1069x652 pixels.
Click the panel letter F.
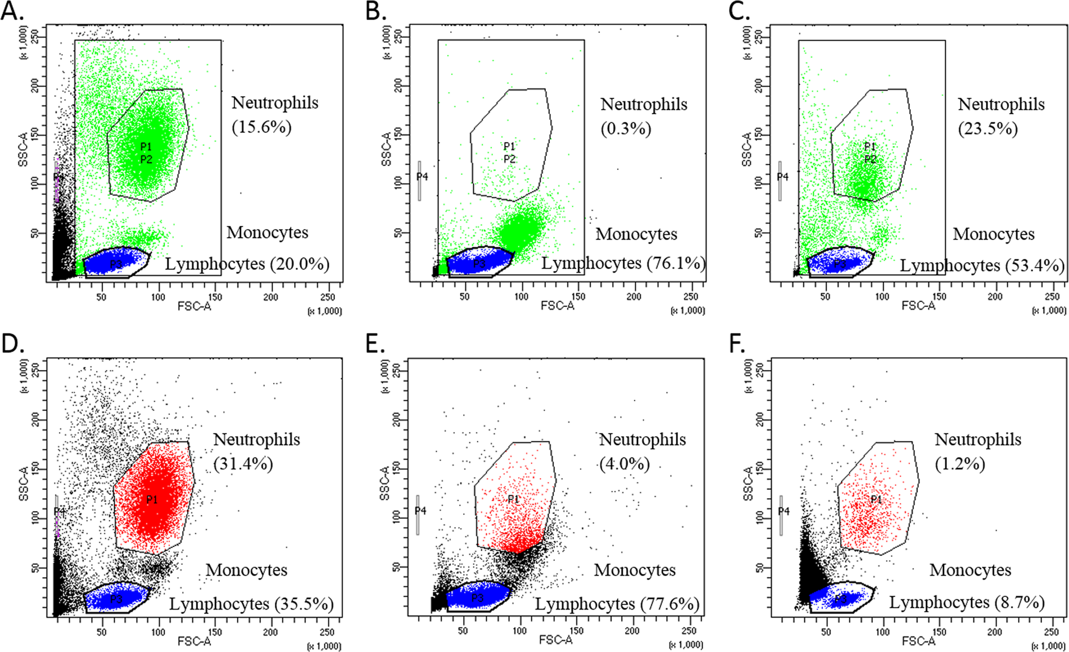tap(737, 344)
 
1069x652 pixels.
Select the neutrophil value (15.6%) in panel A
tap(261, 127)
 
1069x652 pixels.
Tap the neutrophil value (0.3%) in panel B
tap(626, 128)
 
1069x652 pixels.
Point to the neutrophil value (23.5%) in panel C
tap(988, 128)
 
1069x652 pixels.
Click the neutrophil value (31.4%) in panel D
tap(243, 464)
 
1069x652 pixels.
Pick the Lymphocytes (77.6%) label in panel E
tap(617, 604)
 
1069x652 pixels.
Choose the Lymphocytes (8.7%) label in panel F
tap(967, 602)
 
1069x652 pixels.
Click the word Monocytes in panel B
tap(636, 234)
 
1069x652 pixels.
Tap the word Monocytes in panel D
tap(246, 570)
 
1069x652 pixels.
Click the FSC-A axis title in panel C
tap(918, 306)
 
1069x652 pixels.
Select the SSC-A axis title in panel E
tap(385, 483)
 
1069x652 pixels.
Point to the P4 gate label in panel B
tap(422, 177)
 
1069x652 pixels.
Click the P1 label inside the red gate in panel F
tap(876, 499)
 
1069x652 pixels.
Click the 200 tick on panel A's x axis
tap(270, 297)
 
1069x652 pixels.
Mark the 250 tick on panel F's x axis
tap(1051, 632)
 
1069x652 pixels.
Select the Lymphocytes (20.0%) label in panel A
tap(247, 264)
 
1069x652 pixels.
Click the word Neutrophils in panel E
tap(643, 439)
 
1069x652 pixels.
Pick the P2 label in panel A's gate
tap(146, 159)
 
